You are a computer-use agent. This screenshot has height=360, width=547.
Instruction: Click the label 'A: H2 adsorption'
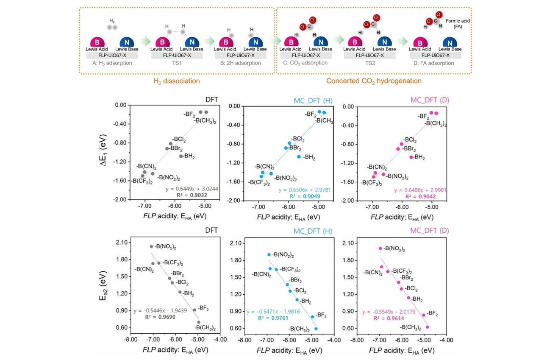pos(109,63)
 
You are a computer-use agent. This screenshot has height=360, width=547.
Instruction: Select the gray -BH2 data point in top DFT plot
pos(181,156)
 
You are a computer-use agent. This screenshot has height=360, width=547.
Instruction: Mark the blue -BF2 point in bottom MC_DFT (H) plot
pos(312,317)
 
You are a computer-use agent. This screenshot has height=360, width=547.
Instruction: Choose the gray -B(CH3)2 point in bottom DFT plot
pos(199,322)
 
